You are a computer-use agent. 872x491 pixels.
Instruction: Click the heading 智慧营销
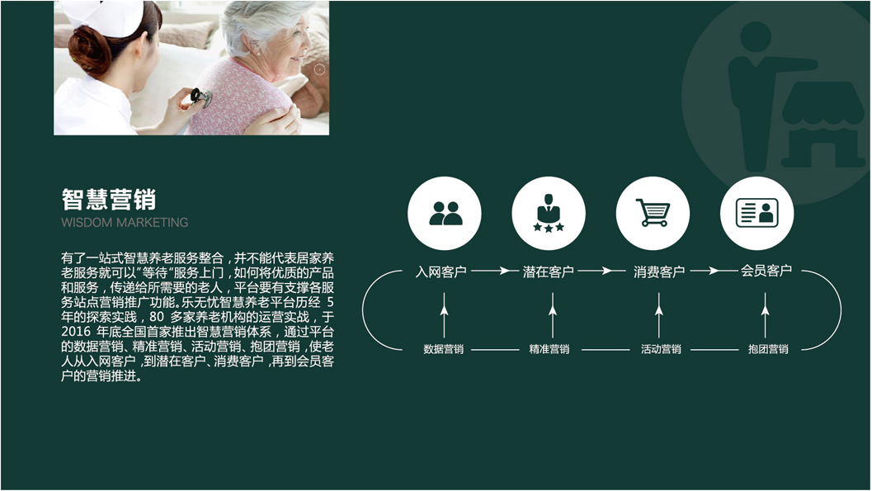[x=108, y=199]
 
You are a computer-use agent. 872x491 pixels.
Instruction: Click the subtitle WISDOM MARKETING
[x=125, y=223]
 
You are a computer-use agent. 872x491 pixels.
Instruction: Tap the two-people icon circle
[x=445, y=213]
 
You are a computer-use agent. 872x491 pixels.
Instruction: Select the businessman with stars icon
[x=549, y=213]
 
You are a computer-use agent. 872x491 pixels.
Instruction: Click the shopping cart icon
[x=653, y=213]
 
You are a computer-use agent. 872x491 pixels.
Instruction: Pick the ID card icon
[x=757, y=213]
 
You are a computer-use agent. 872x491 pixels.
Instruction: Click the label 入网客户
[x=441, y=272]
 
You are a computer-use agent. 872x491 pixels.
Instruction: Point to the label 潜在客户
[x=549, y=272]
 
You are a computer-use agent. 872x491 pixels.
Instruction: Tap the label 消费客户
[x=659, y=272]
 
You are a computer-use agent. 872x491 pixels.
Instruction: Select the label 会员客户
[x=766, y=271]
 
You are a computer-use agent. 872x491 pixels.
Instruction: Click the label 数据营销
[x=443, y=349]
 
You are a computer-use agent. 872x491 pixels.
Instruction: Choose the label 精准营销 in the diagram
[x=549, y=349]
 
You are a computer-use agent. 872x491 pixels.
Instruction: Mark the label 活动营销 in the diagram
[x=661, y=349]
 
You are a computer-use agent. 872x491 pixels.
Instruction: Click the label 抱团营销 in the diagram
[x=768, y=349]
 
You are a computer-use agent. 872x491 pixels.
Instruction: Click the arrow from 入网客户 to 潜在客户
[x=491, y=271]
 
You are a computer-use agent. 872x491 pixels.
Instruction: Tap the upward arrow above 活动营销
[x=659, y=315]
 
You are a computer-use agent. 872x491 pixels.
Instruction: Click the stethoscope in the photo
[x=201, y=97]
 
